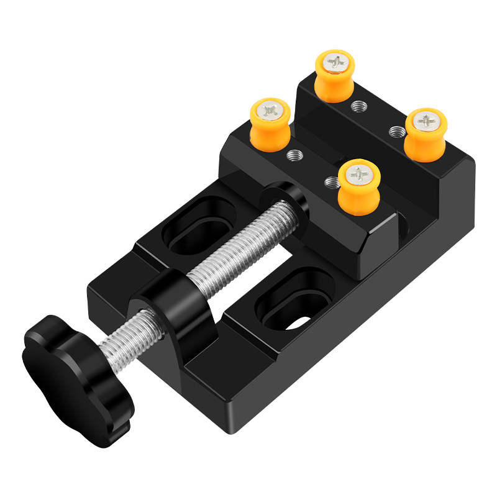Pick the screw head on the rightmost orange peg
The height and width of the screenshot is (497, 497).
(x=427, y=119)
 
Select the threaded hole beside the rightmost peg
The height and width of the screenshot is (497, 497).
(x=396, y=130)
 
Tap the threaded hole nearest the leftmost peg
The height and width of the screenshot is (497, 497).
(x=294, y=155)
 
